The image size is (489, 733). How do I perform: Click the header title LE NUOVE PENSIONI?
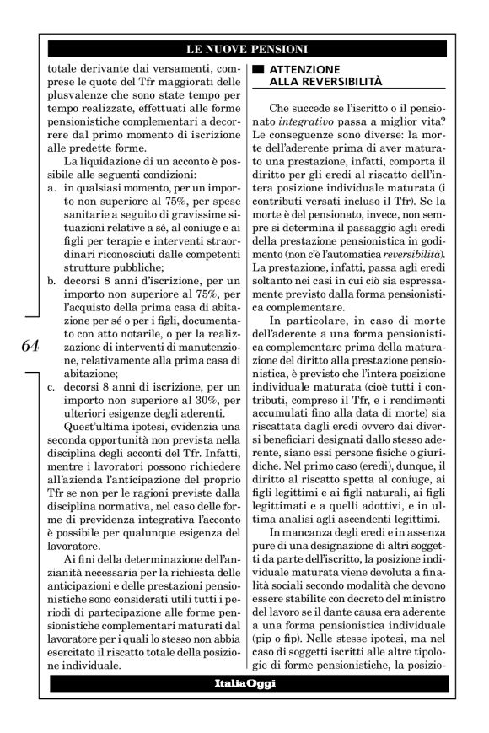tap(245, 50)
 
